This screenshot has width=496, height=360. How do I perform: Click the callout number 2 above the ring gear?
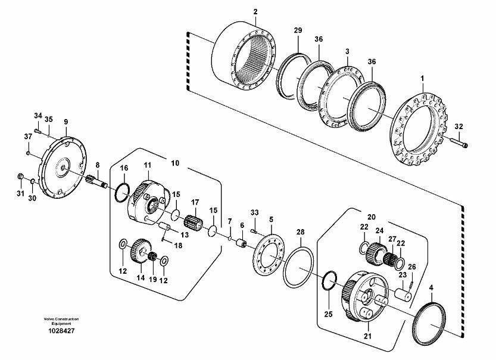coord(255,12)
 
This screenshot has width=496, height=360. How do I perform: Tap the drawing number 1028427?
coord(61,331)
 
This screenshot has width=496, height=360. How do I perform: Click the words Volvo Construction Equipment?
coord(61,321)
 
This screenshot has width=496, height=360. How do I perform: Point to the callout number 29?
coord(298,30)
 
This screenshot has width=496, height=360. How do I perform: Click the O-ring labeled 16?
coord(123,192)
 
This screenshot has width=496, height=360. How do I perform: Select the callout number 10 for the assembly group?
coord(175,163)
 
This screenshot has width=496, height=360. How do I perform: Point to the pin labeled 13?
coord(164,227)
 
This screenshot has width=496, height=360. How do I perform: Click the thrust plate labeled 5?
coord(269,256)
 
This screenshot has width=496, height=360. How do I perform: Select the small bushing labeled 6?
coord(242,243)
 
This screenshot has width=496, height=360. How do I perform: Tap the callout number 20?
coord(372,217)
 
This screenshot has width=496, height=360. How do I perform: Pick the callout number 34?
coord(38,115)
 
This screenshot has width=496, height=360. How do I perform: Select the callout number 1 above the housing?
coord(422,79)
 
